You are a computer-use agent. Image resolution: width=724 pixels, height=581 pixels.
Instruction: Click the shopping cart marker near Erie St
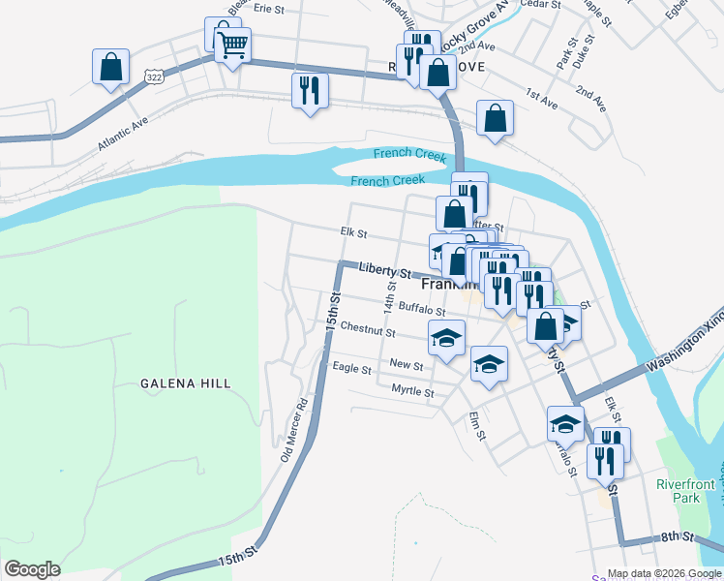point(232,44)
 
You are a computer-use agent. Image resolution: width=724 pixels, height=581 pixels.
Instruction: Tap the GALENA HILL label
point(186,383)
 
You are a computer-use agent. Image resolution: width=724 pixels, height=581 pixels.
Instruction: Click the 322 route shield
point(153,74)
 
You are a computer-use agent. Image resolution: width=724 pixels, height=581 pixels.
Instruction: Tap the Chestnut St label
point(368,331)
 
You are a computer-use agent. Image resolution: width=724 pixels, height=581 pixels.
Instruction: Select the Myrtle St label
point(412,391)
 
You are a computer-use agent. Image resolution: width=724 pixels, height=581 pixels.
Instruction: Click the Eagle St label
point(351,368)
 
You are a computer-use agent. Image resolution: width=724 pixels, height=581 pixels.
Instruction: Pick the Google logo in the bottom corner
point(33,569)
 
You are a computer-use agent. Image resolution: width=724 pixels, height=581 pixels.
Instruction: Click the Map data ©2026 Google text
point(663,573)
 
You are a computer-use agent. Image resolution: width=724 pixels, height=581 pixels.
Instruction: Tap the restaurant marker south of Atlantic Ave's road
point(310,91)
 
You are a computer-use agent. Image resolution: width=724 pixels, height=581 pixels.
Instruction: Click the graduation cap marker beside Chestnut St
point(446,338)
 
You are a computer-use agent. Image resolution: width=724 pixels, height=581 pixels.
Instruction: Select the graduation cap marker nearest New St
point(489,364)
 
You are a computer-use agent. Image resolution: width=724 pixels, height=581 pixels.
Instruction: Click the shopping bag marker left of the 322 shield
point(111,67)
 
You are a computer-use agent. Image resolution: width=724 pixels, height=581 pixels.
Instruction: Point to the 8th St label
point(679,535)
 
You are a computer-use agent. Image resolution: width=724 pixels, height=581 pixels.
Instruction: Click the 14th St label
point(390,293)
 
